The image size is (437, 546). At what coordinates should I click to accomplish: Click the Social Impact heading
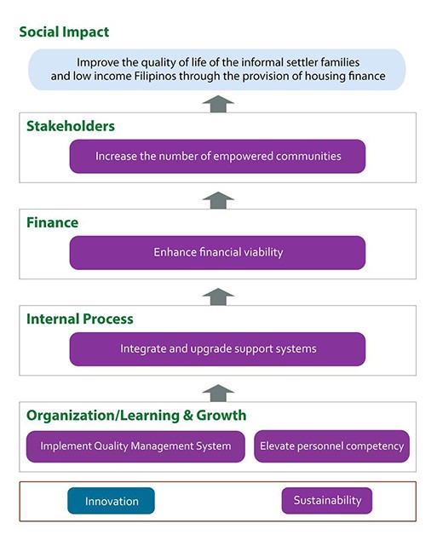pyautogui.click(x=64, y=32)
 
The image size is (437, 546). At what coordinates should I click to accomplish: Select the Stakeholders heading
pyautogui.click(x=71, y=126)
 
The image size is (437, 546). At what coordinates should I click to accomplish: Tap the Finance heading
pyautogui.click(x=53, y=222)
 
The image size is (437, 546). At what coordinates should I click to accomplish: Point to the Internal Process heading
pyautogui.click(x=80, y=319)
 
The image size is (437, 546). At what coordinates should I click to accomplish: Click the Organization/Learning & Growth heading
pyautogui.click(x=136, y=416)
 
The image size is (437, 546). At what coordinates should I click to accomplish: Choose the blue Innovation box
pyautogui.click(x=111, y=501)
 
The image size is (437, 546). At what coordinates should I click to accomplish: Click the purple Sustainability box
pyautogui.click(x=327, y=500)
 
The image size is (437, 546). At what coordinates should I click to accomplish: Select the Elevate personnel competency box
pyautogui.click(x=332, y=446)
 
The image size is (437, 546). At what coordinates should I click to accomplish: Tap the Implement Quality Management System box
pyautogui.click(x=135, y=446)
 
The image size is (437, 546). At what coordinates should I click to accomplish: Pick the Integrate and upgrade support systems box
pyautogui.click(x=217, y=349)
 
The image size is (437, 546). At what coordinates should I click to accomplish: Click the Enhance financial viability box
pyautogui.click(x=217, y=252)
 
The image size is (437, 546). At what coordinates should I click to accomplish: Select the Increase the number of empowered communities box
pyautogui.click(x=217, y=157)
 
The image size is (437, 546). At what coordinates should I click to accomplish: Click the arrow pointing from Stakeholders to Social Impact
pyautogui.click(x=218, y=104)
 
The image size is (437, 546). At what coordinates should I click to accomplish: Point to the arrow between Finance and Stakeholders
pyautogui.click(x=218, y=200)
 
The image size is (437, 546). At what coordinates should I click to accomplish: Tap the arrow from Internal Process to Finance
pyautogui.click(x=218, y=296)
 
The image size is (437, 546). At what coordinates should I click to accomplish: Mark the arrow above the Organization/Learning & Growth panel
pyautogui.click(x=218, y=394)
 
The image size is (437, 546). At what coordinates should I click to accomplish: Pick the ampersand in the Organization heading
pyautogui.click(x=187, y=415)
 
